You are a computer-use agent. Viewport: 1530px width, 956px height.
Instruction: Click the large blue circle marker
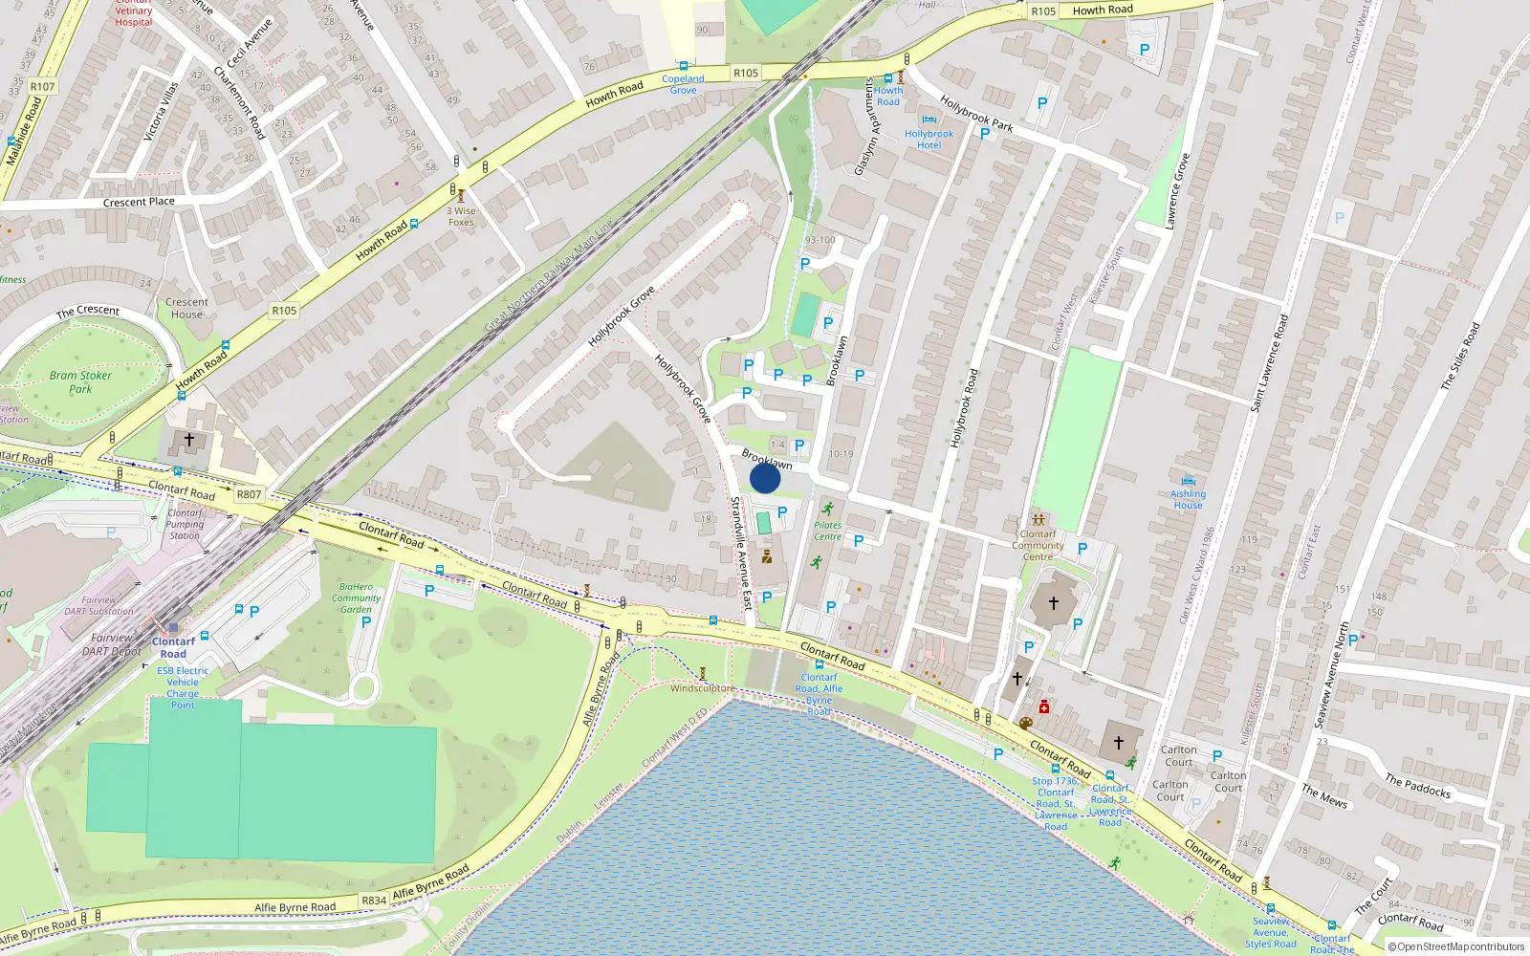point(765,478)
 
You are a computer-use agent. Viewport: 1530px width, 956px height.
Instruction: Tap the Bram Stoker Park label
point(80,382)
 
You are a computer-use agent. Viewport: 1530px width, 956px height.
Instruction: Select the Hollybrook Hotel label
point(929,140)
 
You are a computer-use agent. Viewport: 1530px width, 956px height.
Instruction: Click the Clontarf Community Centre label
point(1038,545)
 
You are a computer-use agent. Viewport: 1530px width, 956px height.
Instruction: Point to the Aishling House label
point(1188,499)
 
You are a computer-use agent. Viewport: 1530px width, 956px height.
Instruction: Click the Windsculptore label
point(703,688)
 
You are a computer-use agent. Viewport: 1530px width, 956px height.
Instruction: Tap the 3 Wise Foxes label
point(461,217)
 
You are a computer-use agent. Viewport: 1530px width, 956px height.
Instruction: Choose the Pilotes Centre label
point(828,531)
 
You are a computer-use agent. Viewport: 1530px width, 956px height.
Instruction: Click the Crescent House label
point(186,308)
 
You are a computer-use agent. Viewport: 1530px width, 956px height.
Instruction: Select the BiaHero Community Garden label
point(356,597)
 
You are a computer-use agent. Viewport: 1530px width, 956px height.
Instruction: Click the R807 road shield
point(249,494)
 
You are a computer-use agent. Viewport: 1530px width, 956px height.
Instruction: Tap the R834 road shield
point(374,901)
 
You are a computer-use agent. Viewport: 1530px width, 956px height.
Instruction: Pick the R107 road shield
point(42,86)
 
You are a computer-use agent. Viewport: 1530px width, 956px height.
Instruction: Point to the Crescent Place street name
point(139,202)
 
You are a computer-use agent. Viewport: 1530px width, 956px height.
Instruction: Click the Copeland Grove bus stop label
point(683,84)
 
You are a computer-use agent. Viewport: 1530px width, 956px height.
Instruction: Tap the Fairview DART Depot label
point(112,644)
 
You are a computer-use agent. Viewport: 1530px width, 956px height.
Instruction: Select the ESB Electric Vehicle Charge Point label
point(183,687)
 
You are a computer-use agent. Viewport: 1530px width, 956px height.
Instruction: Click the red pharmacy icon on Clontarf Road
point(1044,706)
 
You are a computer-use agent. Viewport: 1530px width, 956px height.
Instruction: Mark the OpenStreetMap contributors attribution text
point(1456,946)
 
